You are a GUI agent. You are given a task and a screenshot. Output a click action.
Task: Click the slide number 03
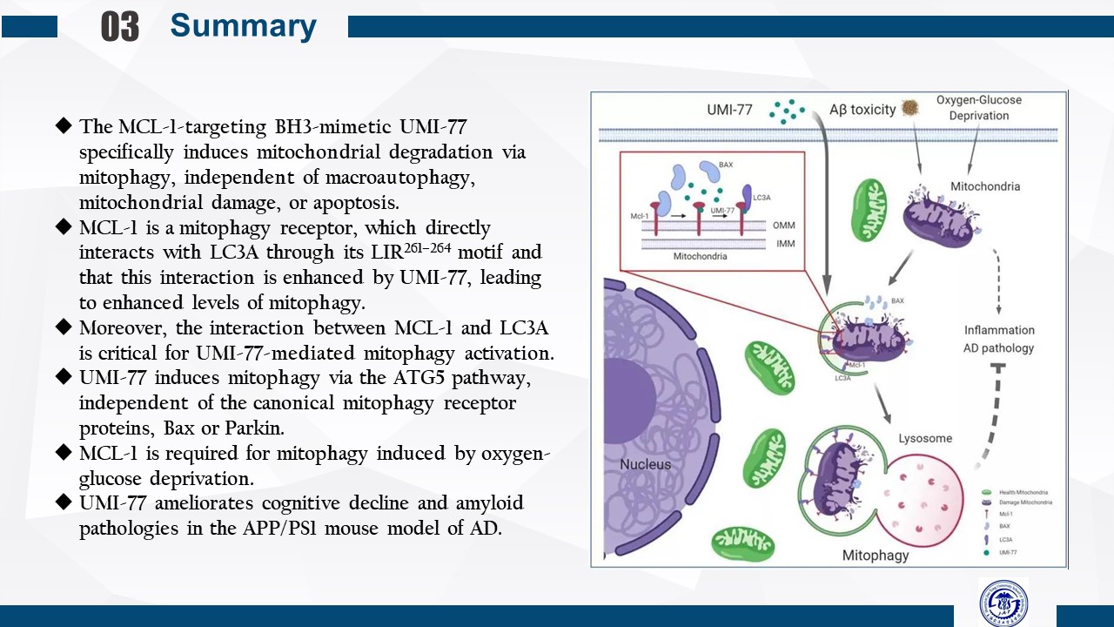pyautogui.click(x=120, y=27)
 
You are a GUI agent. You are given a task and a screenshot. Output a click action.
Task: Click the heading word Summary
pyautogui.click(x=243, y=26)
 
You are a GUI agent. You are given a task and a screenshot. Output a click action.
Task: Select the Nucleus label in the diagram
pyautogui.click(x=645, y=464)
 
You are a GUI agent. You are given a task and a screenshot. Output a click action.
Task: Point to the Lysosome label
pyautogui.click(x=925, y=438)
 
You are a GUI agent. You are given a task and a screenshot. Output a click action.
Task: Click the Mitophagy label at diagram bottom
pyautogui.click(x=875, y=555)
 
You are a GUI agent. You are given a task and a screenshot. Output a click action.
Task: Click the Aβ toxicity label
pyautogui.click(x=862, y=110)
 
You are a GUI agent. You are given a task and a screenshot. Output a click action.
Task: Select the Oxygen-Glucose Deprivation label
pyautogui.click(x=978, y=108)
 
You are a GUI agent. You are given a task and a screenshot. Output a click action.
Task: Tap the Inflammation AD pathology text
pyautogui.click(x=999, y=339)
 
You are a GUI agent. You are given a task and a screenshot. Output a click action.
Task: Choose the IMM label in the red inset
pyautogui.click(x=785, y=245)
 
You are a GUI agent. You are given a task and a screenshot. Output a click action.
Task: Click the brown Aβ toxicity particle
pyautogui.click(x=910, y=107)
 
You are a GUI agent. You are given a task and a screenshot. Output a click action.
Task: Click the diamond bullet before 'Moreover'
pyautogui.click(x=63, y=328)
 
